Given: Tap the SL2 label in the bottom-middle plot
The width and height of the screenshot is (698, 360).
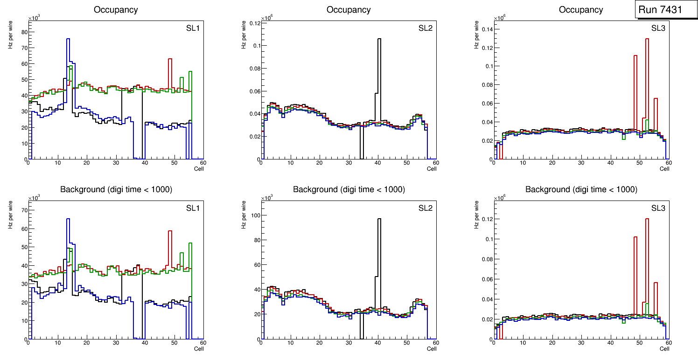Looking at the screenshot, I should coord(426,208).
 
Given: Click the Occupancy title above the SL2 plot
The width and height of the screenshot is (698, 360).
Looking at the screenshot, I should coord(349,9).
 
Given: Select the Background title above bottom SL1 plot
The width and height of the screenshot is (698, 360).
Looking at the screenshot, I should coord(116,189).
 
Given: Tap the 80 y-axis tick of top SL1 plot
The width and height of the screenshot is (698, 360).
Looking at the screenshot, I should coord(22,32).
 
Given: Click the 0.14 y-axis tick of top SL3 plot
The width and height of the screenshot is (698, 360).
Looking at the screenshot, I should coord(486,29).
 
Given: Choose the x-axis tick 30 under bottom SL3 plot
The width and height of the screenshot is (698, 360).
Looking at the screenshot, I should coord(581,343).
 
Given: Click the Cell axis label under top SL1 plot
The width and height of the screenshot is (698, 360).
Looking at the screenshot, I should coord(199,169).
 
